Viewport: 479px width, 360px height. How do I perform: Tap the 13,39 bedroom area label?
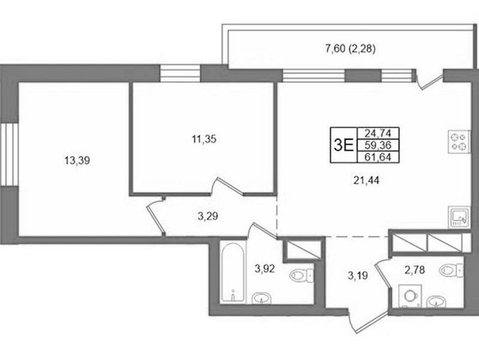coord(77,160)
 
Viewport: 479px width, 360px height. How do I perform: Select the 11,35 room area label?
coord(204,139)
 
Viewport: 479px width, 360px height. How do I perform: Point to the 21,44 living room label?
coord(366,181)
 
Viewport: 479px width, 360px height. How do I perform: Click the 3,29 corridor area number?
coord(208,217)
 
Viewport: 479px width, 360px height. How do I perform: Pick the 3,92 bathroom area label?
coord(265,269)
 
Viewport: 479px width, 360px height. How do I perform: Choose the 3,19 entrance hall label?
coord(357,276)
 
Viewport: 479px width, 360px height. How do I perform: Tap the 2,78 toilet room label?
coord(415,270)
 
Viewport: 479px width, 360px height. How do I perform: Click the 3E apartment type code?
coord(344,145)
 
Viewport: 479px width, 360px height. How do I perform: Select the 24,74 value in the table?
coord(378,133)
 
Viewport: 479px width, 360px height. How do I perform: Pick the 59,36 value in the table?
coord(378,145)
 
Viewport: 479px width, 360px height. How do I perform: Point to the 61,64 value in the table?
coord(378,157)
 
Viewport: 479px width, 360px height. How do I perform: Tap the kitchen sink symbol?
coord(459,217)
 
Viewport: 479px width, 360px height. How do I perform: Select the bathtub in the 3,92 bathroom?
coord(233,272)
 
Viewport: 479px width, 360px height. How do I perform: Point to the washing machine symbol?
coord(410,296)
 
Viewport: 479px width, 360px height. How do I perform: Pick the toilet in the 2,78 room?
coord(452,270)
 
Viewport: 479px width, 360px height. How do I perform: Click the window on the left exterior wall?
coord(9,154)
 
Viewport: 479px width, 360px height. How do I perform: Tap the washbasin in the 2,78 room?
coord(436,301)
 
